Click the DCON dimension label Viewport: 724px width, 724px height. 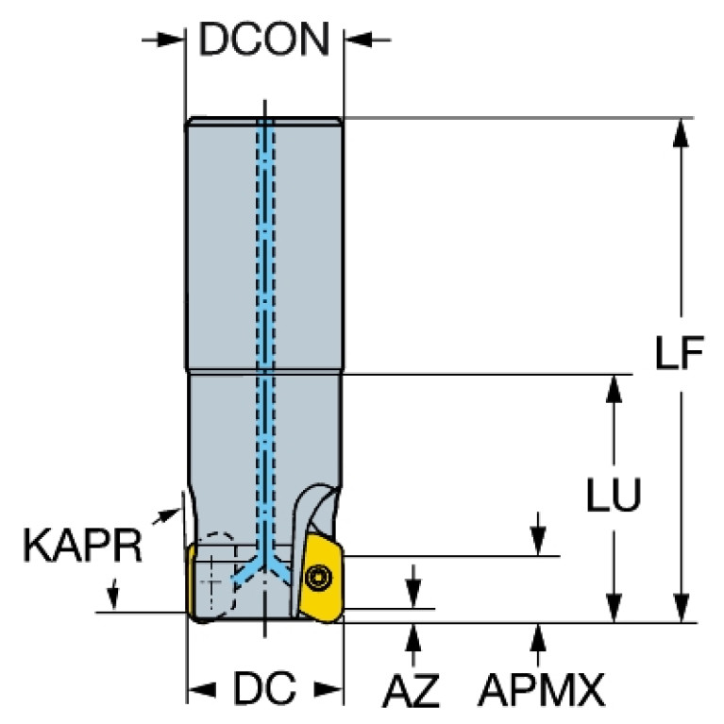point(264,40)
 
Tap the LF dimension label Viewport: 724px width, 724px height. point(680,353)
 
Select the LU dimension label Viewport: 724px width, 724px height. point(614,495)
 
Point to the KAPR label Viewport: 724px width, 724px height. point(82,546)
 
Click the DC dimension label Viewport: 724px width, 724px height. point(264,688)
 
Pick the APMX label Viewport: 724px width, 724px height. point(541,690)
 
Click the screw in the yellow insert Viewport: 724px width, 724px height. point(319,577)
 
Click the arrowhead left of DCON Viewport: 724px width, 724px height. point(171,40)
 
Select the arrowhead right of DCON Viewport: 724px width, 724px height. point(359,40)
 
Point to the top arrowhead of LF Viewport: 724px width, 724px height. point(681,133)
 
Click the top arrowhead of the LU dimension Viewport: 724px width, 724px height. point(614,389)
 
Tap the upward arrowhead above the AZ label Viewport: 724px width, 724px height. point(413,637)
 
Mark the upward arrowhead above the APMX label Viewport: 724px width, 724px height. point(538,637)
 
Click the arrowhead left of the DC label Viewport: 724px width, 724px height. point(202,690)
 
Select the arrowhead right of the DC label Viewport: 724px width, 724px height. point(328,690)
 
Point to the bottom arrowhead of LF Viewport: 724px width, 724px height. point(681,608)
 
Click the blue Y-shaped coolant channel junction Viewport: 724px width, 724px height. point(264,564)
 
